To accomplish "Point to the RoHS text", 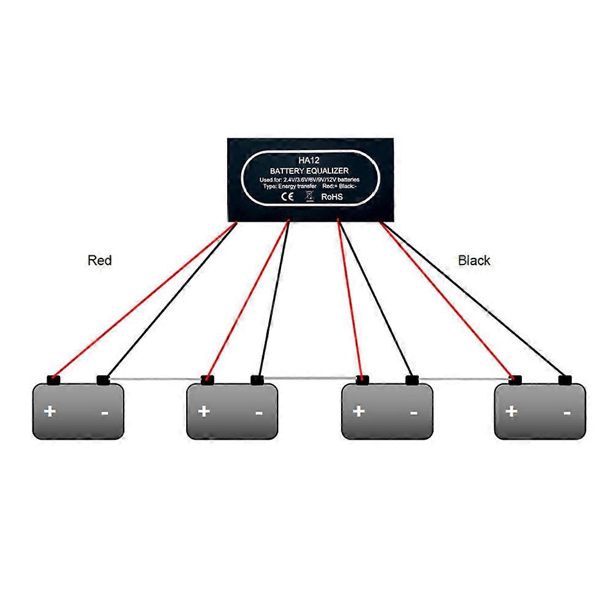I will pos(332,197).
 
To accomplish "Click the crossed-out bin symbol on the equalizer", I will pos(309,197).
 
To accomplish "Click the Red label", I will pos(100,260).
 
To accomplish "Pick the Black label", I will pos(474,260).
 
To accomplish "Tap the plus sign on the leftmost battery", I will pos(50,410).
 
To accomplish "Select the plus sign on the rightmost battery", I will pos(511,410).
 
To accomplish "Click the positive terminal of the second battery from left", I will pos(208,380).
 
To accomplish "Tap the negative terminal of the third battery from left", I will pos(412,380).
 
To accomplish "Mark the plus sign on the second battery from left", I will pos(204,410).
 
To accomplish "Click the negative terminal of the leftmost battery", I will pos(103,380).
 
